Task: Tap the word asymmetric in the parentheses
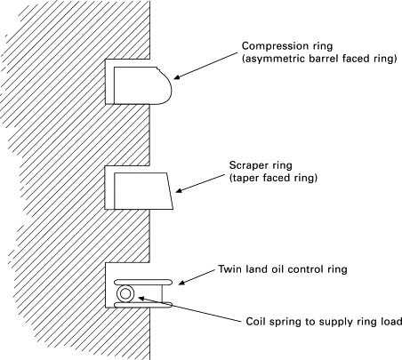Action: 274,59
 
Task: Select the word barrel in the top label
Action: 323,59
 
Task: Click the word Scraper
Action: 247,166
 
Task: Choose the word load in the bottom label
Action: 391,322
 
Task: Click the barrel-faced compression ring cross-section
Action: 142,85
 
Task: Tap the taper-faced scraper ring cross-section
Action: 143,191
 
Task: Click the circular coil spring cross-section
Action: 125,294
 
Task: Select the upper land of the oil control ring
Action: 143,283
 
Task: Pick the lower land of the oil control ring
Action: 143,305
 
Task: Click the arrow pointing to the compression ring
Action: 205,66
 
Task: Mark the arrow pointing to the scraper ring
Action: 200,183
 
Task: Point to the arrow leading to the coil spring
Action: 189,309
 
